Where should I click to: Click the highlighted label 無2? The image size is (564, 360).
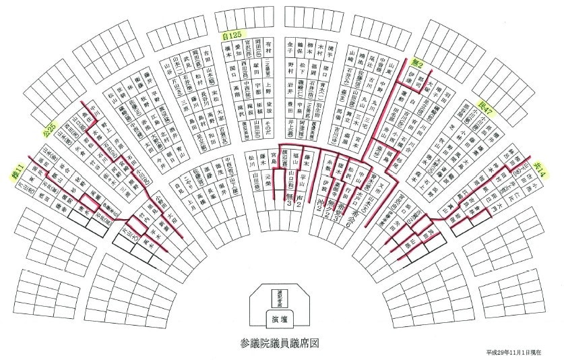point(418,63)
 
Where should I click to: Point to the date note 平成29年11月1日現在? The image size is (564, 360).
point(523,353)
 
